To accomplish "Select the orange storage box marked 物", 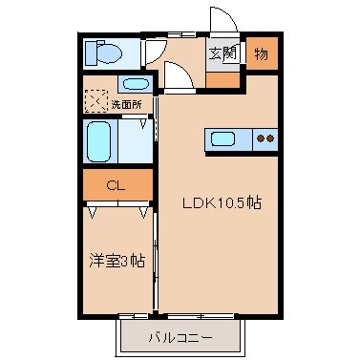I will (x=262, y=54).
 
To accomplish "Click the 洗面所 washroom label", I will (x=126, y=102).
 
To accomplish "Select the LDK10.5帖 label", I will (x=222, y=202).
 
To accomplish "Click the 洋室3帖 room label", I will (x=117, y=260).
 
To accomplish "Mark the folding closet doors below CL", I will (x=116, y=207).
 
